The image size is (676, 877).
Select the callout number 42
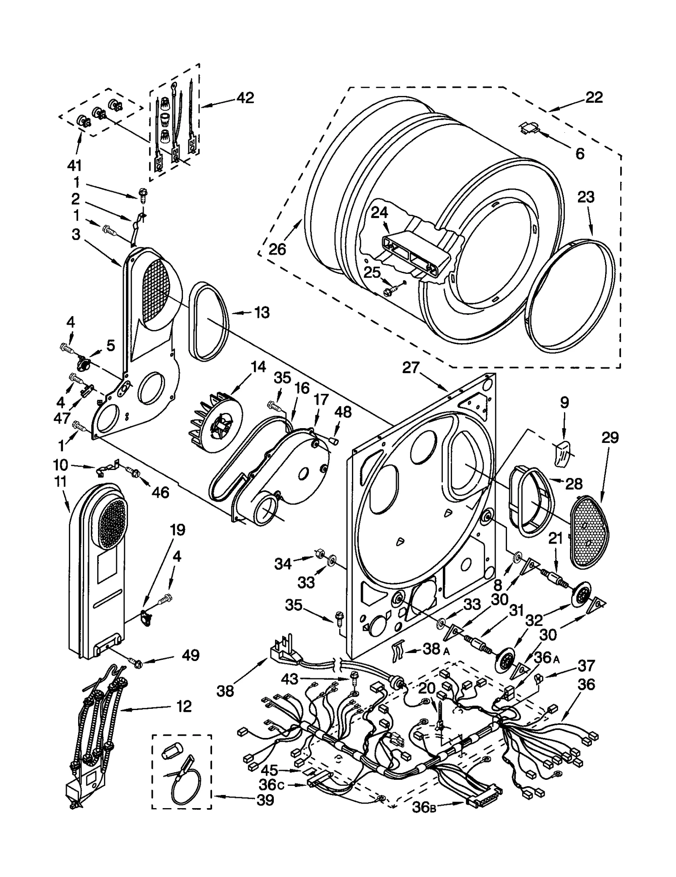[245, 98]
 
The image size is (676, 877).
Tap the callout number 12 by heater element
[183, 706]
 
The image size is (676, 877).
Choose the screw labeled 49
[136, 664]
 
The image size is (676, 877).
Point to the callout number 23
[586, 197]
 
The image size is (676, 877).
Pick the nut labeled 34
[319, 553]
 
